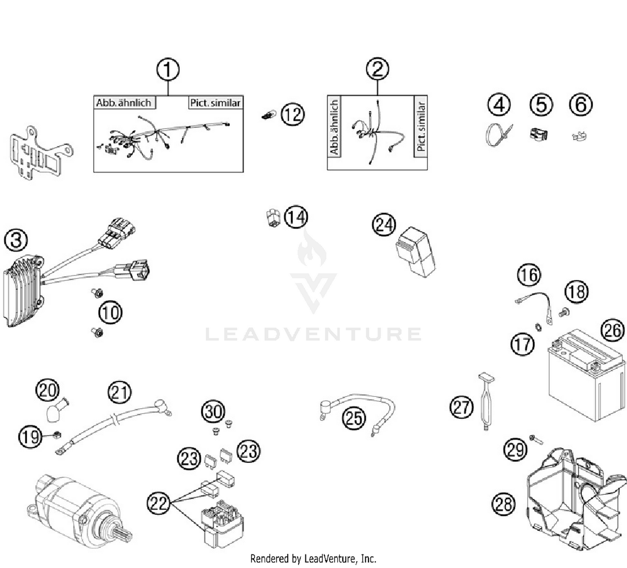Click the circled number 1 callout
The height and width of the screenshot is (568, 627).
coord(168,69)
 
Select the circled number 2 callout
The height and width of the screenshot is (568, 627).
coord(377,69)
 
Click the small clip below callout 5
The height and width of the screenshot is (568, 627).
coord(539,134)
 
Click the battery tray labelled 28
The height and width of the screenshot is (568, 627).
coord(573,502)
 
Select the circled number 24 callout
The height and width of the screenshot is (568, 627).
coord(384,225)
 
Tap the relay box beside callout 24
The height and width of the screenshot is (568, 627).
coord(415,252)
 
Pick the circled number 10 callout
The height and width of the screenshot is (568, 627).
coord(110,312)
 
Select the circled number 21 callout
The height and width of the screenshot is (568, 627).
coord(120,393)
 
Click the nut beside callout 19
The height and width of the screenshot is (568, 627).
coord(56,435)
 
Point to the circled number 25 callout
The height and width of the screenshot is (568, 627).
coord(354,418)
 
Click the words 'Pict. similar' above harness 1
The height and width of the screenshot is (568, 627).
coord(215,103)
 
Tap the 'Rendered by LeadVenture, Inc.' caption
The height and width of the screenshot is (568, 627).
coord(313,558)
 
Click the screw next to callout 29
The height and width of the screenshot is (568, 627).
coord(535,439)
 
